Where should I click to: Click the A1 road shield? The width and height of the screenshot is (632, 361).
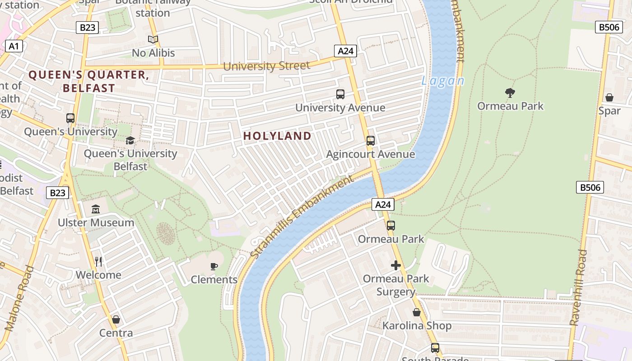[x=14, y=46]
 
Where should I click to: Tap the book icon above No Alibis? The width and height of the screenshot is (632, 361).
[x=153, y=40]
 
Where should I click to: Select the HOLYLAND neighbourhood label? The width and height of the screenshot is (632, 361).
[x=277, y=136]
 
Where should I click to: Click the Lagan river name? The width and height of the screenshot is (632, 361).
[x=442, y=81]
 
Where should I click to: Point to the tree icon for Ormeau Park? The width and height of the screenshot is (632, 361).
[x=510, y=93]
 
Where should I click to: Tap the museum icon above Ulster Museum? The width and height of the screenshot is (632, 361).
[x=96, y=209]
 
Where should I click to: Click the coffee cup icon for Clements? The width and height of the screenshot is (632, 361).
[x=214, y=266]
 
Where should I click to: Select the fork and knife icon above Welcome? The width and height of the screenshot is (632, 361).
[x=98, y=262]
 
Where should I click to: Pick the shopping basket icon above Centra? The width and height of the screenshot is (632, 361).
[x=116, y=319]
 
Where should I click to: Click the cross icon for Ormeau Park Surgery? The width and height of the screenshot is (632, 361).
[x=396, y=265]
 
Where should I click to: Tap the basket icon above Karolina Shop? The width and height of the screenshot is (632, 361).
[x=417, y=312]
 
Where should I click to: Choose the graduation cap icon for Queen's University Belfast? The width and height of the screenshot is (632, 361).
[x=130, y=140]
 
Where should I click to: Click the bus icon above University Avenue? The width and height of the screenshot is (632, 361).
[x=340, y=94]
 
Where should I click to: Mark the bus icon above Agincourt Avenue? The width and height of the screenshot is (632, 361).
[x=371, y=141]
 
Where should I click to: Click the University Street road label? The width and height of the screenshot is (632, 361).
[x=267, y=66]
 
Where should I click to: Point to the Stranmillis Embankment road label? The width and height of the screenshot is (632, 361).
[x=302, y=217]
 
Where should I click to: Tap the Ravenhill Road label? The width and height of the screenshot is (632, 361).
[x=578, y=287]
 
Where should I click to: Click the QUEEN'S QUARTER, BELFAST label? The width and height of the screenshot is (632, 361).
[x=89, y=81]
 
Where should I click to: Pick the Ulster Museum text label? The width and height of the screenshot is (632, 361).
[x=96, y=222]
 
